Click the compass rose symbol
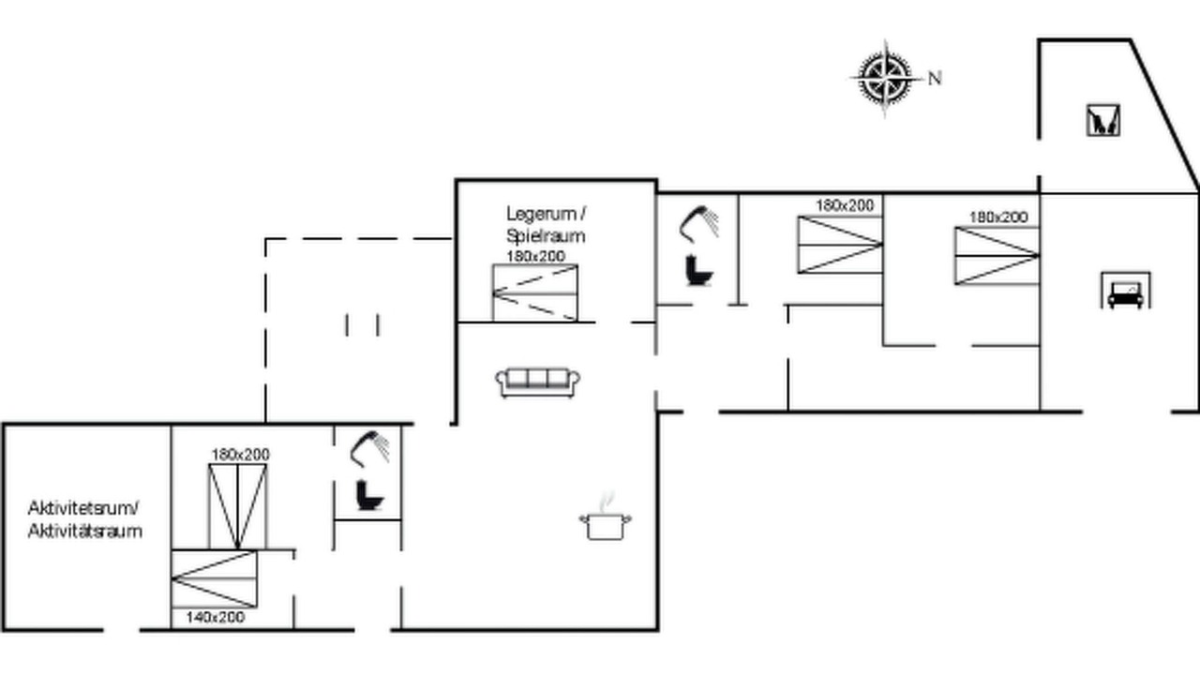click(x=885, y=78)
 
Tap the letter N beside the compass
click(x=935, y=79)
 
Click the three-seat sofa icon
click(x=537, y=382)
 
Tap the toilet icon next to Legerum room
click(x=698, y=271)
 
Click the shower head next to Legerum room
click(x=698, y=223)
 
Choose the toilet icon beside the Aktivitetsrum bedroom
click(x=369, y=496)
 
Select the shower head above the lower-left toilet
click(x=369, y=448)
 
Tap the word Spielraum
click(x=546, y=235)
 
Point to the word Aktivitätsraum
click(x=85, y=531)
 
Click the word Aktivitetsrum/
click(x=83, y=508)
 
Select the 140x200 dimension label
click(x=216, y=617)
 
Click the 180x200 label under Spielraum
click(x=535, y=256)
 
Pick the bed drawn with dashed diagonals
click(x=535, y=293)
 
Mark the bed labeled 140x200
click(x=215, y=579)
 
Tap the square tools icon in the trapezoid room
click(x=1103, y=120)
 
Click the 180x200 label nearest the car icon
click(x=998, y=217)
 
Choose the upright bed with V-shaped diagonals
click(x=237, y=507)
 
